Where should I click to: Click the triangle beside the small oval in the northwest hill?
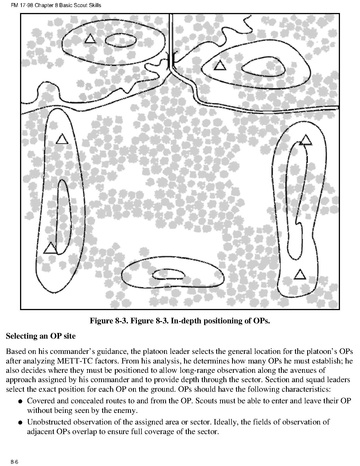coord(90,39)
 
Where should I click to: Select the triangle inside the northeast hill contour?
coord(220,65)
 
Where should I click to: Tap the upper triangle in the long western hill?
coord(62,139)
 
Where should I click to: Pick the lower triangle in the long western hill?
coord(50,248)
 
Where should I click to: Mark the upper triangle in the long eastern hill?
coord(305,140)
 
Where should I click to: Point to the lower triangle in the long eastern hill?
coord(300,274)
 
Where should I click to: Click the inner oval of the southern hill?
coord(168,274)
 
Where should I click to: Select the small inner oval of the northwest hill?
coord(121,40)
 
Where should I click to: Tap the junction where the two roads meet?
coord(172,66)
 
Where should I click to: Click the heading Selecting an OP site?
coord(41,336)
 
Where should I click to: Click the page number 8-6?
coord(14,462)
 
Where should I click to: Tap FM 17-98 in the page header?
coord(20,5)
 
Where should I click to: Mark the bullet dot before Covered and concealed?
coord(20,401)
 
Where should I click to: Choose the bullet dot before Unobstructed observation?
coord(20,423)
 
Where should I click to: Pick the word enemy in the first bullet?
coord(125,411)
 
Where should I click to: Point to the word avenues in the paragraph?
coord(313,370)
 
